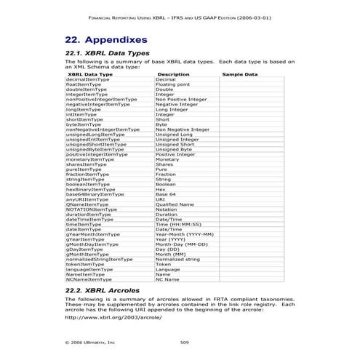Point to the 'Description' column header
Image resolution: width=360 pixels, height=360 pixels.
(173, 74)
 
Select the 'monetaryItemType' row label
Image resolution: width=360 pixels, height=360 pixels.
(90, 159)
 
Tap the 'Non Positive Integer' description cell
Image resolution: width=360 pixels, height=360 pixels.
(181, 99)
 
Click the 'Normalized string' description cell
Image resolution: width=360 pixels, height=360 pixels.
(177, 259)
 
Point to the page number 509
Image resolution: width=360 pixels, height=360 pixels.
(183, 341)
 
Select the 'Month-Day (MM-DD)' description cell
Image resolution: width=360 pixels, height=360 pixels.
(181, 244)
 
